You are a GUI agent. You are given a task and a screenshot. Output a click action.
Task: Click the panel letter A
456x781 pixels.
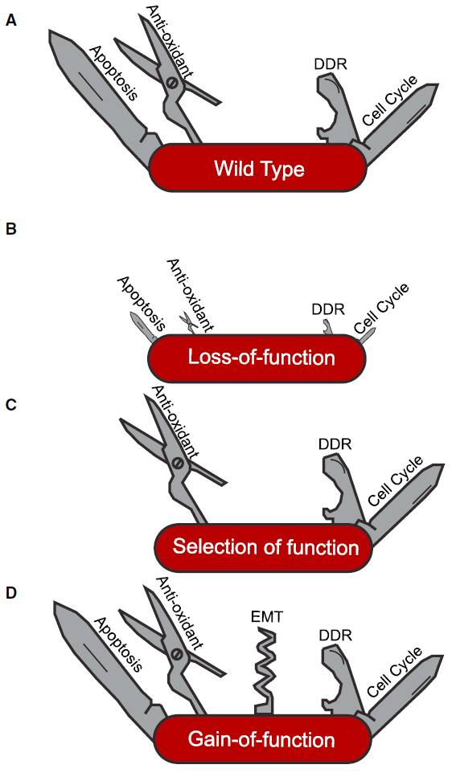click(x=10, y=22)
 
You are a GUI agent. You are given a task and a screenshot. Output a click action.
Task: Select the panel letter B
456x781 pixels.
click(x=10, y=229)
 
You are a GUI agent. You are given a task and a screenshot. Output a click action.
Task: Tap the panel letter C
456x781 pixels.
click(x=10, y=404)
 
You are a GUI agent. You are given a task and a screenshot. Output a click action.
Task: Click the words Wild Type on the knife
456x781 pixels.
click(x=259, y=169)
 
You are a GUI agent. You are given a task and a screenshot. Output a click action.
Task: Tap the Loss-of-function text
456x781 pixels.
click(x=261, y=357)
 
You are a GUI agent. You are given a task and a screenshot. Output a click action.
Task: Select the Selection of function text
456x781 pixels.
click(x=265, y=546)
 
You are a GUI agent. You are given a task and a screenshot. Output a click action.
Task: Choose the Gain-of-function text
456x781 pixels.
click(x=261, y=738)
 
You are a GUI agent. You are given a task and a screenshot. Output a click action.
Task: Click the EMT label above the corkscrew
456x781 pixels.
click(x=267, y=617)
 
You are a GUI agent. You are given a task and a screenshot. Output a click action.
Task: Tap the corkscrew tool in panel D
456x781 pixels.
click(x=265, y=673)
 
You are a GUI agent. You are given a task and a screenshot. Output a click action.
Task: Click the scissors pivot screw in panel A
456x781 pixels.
click(x=172, y=84)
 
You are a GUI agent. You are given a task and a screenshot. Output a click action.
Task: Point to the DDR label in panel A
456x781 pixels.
click(x=331, y=64)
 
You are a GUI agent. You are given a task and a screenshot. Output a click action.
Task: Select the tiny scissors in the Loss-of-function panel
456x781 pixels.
click(x=187, y=323)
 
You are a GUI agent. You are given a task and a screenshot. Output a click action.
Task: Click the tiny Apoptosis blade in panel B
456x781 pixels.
click(x=144, y=326)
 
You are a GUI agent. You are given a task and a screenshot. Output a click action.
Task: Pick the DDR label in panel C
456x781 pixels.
click(x=335, y=444)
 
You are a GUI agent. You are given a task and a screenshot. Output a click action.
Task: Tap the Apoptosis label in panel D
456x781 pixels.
click(x=118, y=643)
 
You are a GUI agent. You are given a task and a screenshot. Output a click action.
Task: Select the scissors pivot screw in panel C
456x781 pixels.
click(x=177, y=464)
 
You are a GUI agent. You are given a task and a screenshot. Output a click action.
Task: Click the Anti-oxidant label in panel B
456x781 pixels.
click(x=189, y=295)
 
